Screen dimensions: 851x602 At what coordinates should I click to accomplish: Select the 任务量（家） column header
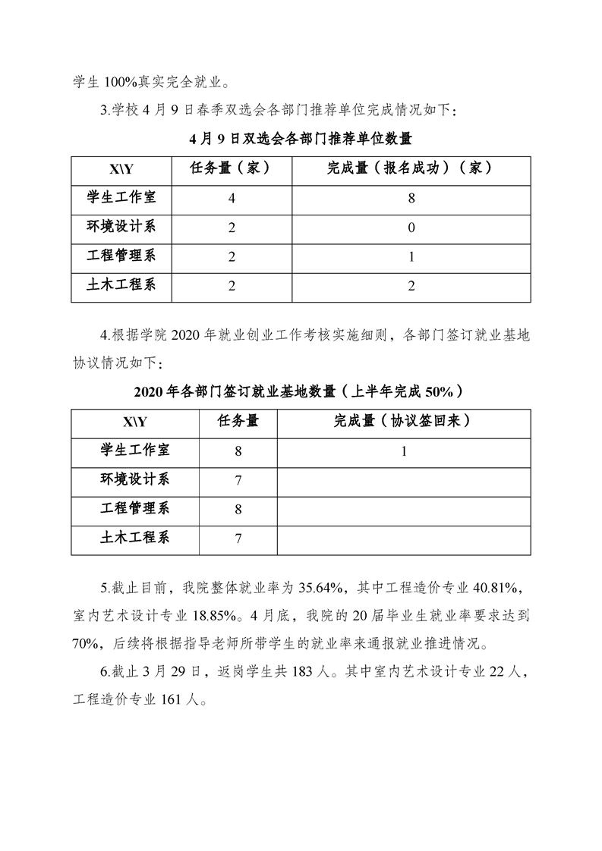coord(231,168)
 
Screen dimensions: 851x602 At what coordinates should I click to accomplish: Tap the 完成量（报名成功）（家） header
coord(411,168)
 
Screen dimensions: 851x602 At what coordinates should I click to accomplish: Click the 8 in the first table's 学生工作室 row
coord(411,199)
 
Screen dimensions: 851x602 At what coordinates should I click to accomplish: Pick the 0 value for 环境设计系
coord(411,228)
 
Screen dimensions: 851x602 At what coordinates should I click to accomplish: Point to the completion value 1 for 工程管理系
coord(411,257)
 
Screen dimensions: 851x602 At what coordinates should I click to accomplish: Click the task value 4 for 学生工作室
coord(231,199)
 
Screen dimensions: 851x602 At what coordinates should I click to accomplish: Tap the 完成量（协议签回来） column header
coord(403,421)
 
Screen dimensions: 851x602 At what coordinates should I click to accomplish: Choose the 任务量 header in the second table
coord(238,421)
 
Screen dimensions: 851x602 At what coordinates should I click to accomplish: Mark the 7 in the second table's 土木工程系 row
coord(238,539)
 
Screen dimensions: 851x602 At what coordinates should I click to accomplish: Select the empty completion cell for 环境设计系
coord(403,480)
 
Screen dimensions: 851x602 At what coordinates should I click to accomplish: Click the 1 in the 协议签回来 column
coord(403,451)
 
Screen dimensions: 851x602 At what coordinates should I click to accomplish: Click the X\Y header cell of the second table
coord(135,422)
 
